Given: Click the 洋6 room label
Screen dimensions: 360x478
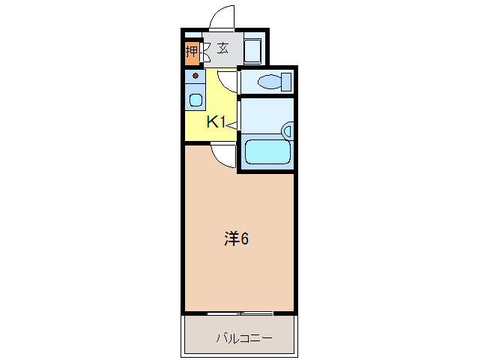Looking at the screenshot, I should (237, 238).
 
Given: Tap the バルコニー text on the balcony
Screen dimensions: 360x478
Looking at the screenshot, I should (244, 338).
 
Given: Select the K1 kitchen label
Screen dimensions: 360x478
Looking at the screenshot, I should (217, 122).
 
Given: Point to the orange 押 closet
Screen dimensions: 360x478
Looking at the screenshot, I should (192, 52).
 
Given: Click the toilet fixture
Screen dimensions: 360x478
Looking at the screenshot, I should (270, 81).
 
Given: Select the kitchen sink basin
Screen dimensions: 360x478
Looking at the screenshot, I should (196, 100).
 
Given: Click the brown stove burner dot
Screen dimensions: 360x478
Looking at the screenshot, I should (196, 76).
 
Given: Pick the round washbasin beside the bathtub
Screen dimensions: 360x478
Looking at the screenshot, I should (288, 132).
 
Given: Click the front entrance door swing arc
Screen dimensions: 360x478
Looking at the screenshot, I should (223, 19).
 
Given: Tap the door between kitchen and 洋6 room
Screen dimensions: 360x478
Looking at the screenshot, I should (223, 154).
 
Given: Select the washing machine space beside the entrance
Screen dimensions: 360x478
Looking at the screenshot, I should (252, 50).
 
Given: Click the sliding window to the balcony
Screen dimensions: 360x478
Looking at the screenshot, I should (240, 312).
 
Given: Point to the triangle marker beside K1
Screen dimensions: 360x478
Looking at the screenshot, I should (232, 124).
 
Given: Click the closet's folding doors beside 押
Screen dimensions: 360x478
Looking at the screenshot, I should (205, 52).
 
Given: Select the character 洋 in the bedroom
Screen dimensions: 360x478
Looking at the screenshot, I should (232, 238).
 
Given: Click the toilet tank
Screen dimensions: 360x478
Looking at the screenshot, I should (285, 81).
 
